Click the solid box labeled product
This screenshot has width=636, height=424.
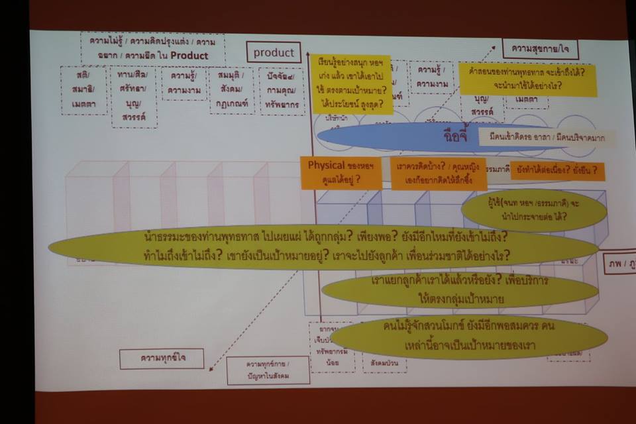tap(274, 53)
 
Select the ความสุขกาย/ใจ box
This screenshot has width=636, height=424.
tap(540, 49)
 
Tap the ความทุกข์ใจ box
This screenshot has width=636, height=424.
tap(162, 358)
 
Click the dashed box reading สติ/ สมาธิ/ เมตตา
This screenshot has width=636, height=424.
tap(83, 90)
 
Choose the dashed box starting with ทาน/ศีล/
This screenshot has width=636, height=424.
tap(134, 96)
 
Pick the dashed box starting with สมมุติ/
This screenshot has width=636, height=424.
tap(232, 90)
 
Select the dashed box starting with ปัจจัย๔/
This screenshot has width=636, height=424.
tap(282, 91)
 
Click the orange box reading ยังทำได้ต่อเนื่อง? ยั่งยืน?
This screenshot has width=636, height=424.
tap(566, 171)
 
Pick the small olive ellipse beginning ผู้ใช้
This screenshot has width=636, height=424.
tap(533, 210)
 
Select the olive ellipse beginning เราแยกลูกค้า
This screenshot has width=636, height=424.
tap(460, 290)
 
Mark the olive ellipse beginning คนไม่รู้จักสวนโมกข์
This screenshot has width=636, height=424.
tap(468, 335)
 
